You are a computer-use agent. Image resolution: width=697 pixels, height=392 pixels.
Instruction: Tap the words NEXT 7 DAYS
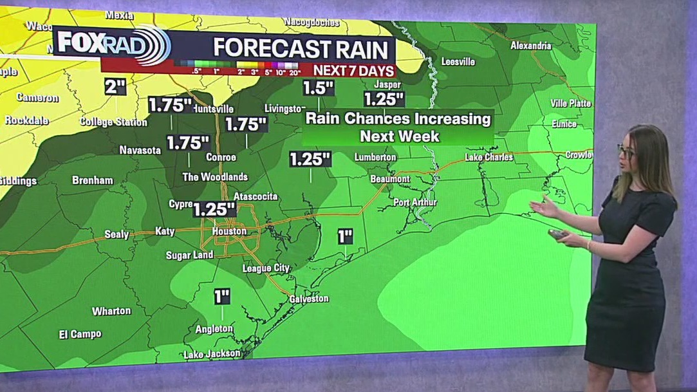coord(352,70)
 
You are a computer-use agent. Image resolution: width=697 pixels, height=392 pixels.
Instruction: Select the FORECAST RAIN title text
coord(301,48)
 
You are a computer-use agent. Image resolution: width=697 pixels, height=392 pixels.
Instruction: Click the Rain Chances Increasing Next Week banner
coord(398,127)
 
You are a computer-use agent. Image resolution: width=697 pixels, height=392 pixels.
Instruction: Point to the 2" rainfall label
coord(115,86)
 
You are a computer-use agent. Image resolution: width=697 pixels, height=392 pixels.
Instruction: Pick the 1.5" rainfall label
coord(319,88)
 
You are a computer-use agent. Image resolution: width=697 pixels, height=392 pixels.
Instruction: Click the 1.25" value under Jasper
coord(384,99)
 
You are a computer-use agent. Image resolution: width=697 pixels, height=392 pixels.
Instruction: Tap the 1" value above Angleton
coord(222,297)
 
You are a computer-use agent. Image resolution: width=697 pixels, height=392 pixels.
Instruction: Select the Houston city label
coord(230,231)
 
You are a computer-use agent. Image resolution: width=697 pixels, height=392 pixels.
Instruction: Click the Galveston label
coord(309,299)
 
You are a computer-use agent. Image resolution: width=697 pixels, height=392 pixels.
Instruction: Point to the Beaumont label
coord(390,179)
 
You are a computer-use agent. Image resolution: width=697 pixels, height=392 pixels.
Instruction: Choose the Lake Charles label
coord(489,157)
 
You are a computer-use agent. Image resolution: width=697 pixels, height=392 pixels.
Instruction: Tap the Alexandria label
coord(531,46)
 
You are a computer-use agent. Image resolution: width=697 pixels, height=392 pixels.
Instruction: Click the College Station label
coord(113,122)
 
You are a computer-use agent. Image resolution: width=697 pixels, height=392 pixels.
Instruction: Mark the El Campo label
coord(80,334)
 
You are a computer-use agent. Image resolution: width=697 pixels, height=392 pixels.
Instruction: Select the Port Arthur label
coord(415,202)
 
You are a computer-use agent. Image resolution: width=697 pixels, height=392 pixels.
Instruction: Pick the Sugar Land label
coord(190,255)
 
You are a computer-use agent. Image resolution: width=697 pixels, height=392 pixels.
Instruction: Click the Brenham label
coord(93,180)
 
